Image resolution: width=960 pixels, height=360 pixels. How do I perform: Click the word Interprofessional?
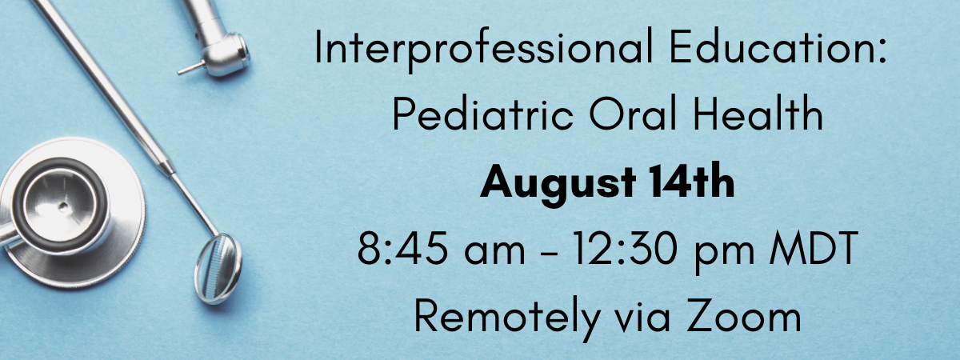coord(484,49)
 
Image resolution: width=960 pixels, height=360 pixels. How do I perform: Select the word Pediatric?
coord(482,113)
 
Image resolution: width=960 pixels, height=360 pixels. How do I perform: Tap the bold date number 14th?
coord(691,181)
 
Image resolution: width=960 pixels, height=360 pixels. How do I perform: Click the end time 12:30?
coord(626,248)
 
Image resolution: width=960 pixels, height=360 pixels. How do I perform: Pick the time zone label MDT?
coord(814,248)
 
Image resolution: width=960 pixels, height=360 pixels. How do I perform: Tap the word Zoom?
coord(745,315)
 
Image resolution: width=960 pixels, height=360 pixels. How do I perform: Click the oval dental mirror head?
coord(218,269)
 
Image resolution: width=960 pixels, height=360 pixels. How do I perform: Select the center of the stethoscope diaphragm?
coord(63,206)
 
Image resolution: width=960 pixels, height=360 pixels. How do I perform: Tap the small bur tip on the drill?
coord(190,69)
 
